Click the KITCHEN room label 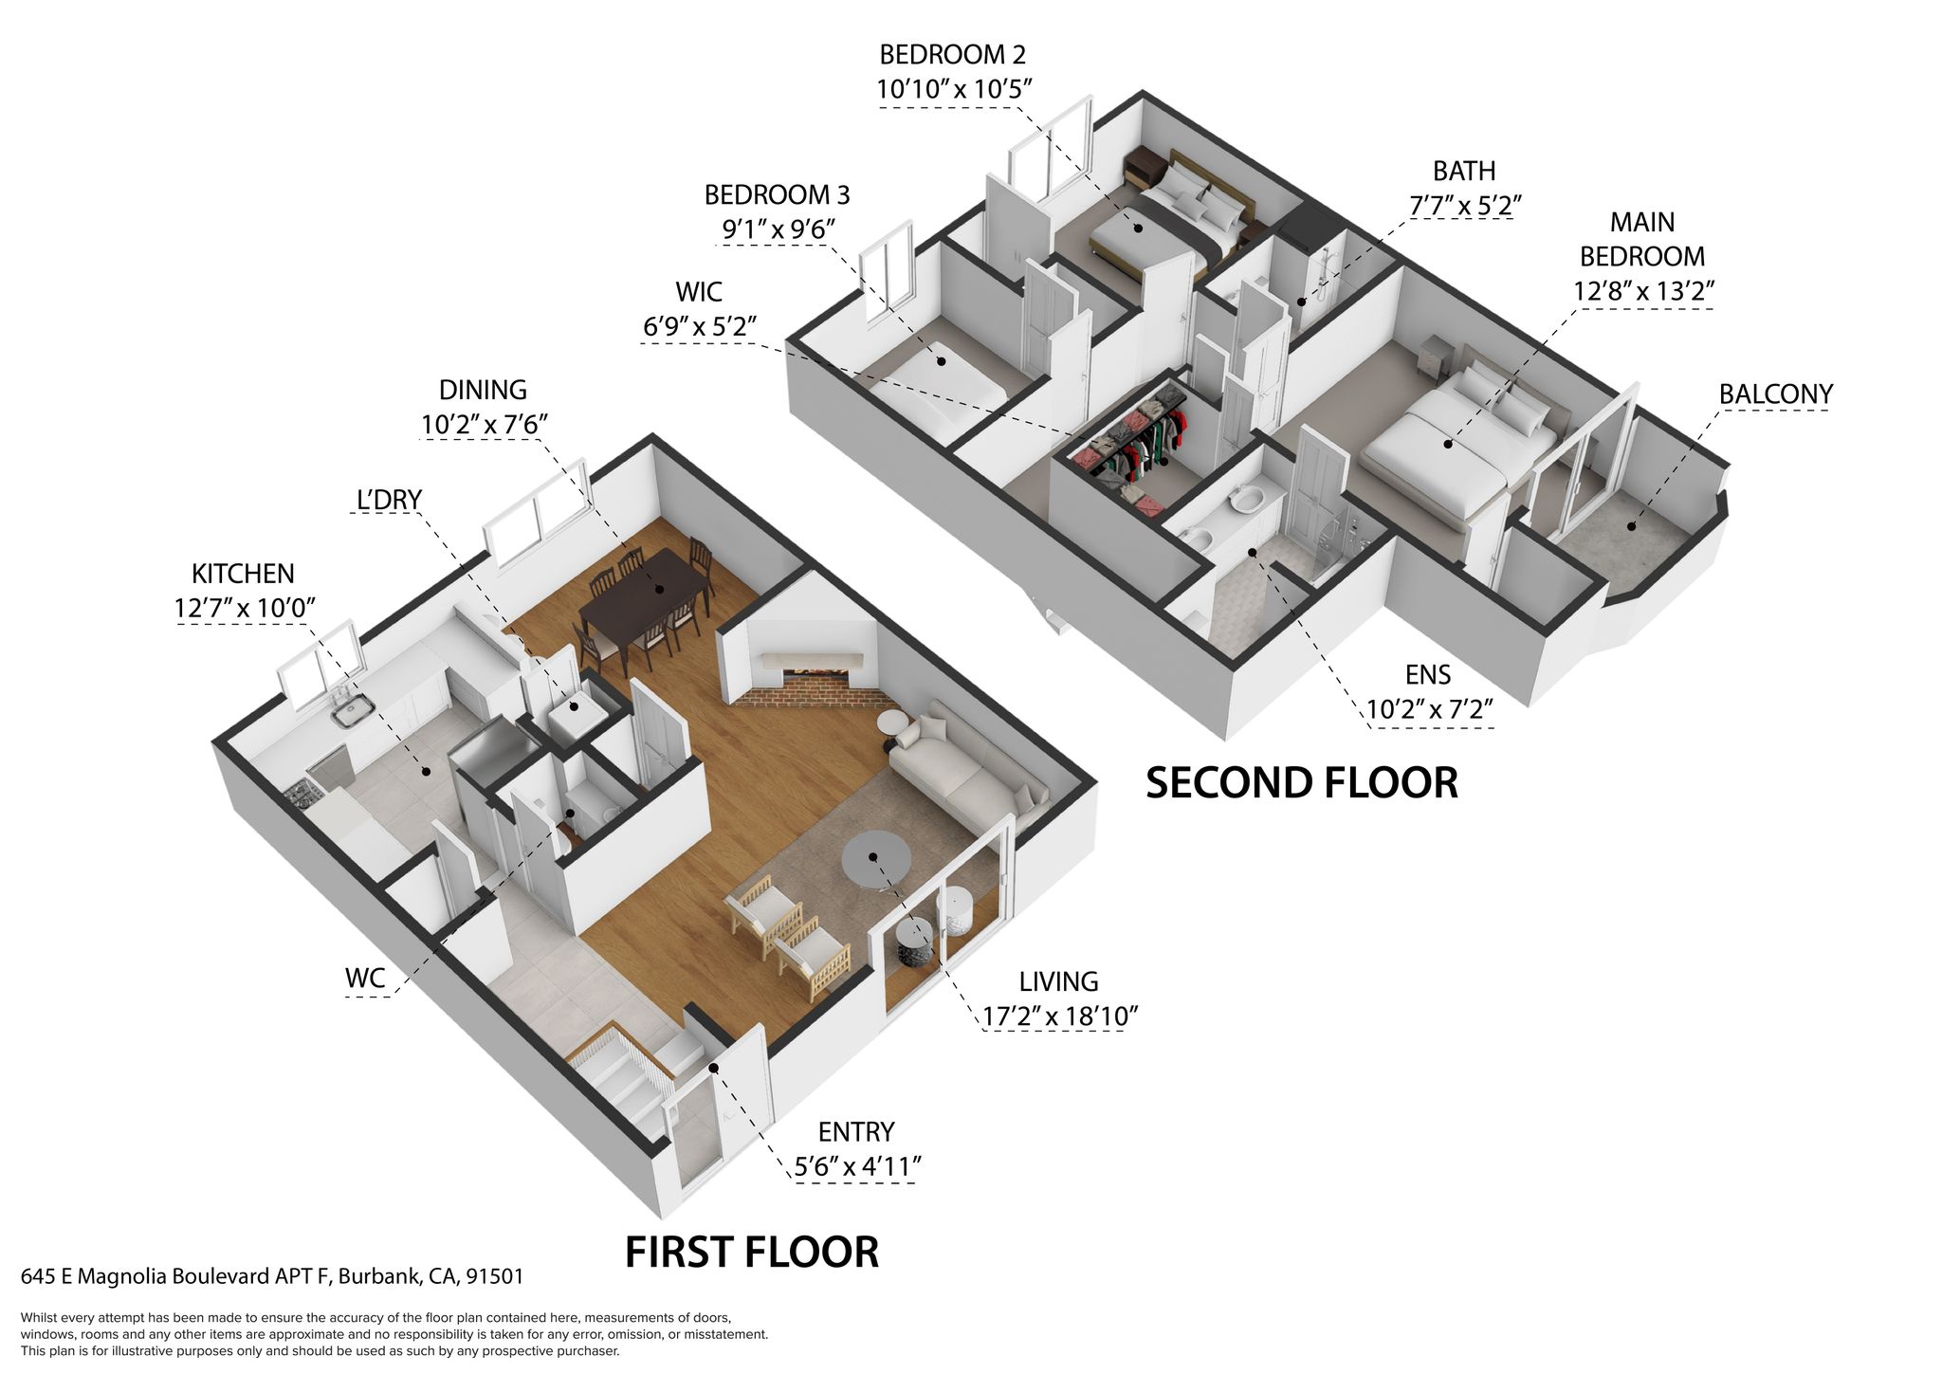[x=243, y=574]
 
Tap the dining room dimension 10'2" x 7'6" [x=485, y=424]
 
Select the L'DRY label [x=389, y=500]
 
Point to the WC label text [x=365, y=979]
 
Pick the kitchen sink [x=353, y=710]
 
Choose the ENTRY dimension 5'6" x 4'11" [x=857, y=1166]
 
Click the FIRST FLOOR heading [x=752, y=1252]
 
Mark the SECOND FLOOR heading [x=1302, y=782]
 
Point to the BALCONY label [x=1775, y=394]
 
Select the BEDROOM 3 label [x=777, y=195]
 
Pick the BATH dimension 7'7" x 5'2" [x=1465, y=205]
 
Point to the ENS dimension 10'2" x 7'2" [x=1430, y=708]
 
